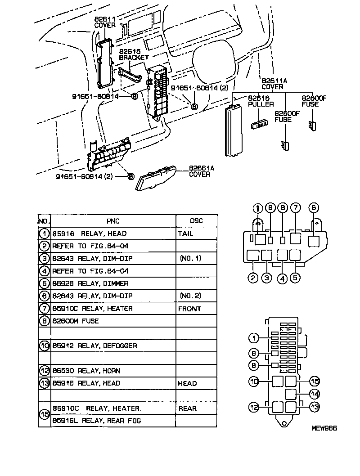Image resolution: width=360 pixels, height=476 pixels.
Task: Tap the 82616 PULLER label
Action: click(261, 101)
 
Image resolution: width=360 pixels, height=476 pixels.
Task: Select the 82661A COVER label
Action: click(199, 171)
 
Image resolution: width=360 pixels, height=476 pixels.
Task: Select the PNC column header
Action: click(113, 221)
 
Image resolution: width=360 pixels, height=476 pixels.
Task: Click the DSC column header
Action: click(196, 221)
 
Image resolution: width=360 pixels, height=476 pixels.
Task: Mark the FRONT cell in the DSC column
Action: click(189, 309)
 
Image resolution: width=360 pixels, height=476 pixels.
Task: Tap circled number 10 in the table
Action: click(44, 346)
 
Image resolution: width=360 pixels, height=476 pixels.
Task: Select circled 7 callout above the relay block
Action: click(295, 208)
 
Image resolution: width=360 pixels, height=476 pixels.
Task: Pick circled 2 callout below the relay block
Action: click(253, 278)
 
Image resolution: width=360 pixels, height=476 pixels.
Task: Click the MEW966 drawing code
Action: click(324, 429)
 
